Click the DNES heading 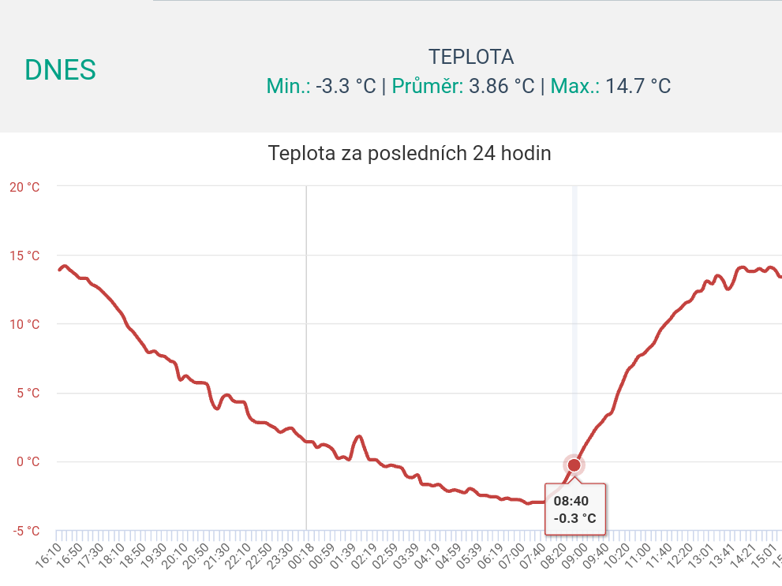coord(60,70)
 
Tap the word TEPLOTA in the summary coord(471,57)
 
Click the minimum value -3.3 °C coord(346,86)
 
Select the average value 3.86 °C coord(502,86)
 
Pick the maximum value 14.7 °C coord(638,86)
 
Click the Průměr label coord(428,86)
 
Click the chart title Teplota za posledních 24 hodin coord(410,153)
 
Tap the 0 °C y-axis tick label coord(27,461)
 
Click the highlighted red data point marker coord(574,465)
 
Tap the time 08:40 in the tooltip coord(571,501)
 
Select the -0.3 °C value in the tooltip coord(574,518)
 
